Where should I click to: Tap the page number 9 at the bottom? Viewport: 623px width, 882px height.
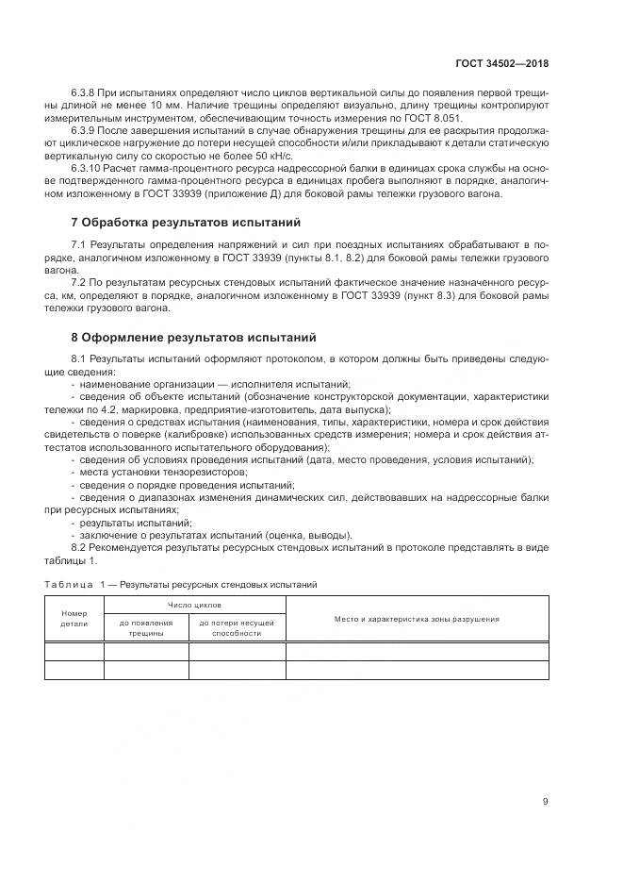[x=545, y=801]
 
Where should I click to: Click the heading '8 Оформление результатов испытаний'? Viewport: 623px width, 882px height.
[x=193, y=337]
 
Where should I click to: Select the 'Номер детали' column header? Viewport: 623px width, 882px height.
[x=74, y=619]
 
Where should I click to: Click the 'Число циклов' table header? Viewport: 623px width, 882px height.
[x=194, y=606]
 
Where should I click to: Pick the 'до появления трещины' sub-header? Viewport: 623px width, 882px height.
[x=146, y=628]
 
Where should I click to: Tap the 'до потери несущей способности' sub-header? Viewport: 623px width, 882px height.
[x=237, y=628]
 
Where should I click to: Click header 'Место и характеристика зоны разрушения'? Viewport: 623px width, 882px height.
[x=417, y=619]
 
